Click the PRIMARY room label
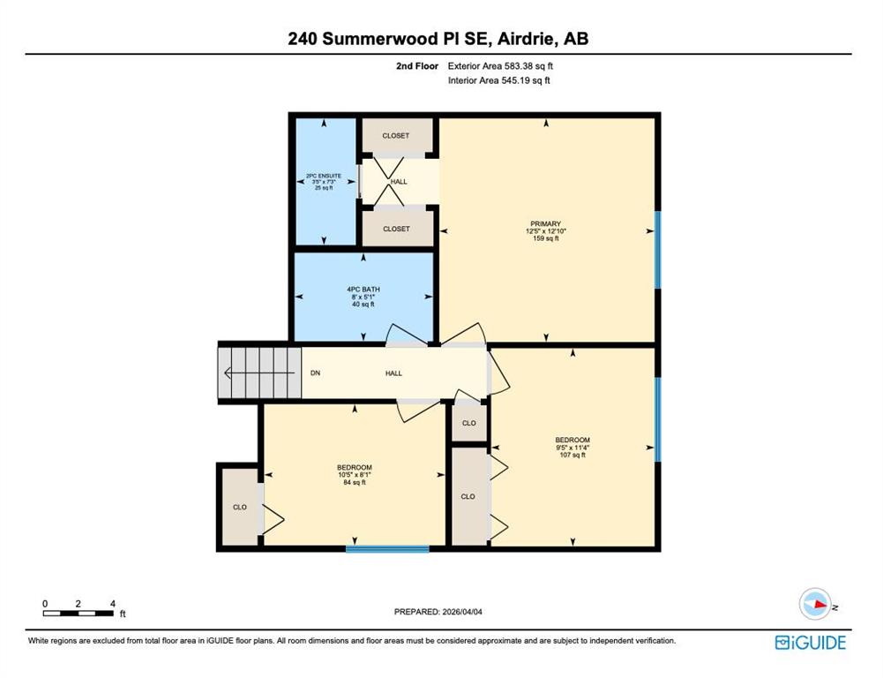(546, 223)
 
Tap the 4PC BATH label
(363, 290)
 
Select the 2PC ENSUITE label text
(324, 176)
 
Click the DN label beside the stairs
(316, 373)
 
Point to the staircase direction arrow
(259, 373)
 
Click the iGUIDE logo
(811, 643)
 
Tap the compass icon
(815, 604)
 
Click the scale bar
(79, 614)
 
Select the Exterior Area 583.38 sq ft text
(500, 66)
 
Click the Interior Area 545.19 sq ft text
(499, 80)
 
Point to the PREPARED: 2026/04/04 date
(438, 612)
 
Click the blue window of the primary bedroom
(657, 250)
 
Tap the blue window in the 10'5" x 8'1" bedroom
(387, 549)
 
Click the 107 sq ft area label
(572, 455)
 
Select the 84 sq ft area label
(355, 482)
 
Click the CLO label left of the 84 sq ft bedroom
(240, 508)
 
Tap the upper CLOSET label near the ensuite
(396, 136)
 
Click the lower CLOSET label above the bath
(396, 229)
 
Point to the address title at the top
(438, 38)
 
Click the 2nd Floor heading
(417, 66)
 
